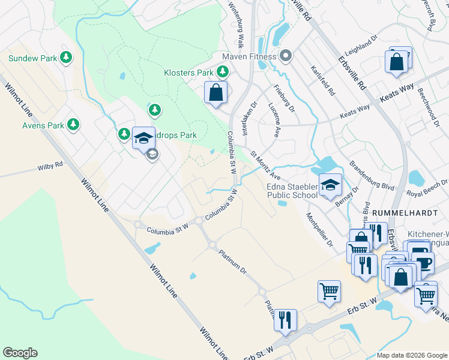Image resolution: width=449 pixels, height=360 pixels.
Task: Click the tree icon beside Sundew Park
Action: tap(66, 58)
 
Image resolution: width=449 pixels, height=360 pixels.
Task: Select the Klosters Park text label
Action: tap(188, 73)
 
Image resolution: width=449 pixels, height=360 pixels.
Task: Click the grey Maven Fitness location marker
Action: tap(286, 57)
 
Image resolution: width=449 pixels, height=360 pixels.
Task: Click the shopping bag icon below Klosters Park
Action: tap(216, 93)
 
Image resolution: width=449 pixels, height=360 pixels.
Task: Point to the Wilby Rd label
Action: tap(50, 165)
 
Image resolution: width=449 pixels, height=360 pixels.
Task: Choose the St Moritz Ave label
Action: tap(266, 166)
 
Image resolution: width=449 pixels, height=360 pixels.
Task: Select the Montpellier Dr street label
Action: tap(319, 230)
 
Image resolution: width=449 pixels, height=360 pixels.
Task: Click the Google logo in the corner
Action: tap(20, 353)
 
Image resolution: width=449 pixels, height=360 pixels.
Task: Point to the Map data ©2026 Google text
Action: tap(411, 355)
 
